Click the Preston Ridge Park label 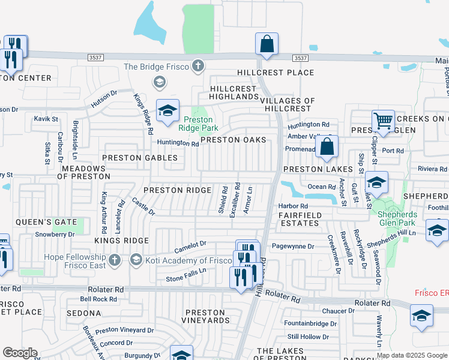pos(198,123)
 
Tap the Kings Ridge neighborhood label pos(121,240)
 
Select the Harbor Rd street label pos(292,206)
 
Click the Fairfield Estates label pos(300,219)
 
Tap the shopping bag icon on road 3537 pos(267,44)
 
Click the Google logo pos(20,353)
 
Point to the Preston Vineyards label pos(205,316)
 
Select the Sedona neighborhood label pos(84,313)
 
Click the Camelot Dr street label pos(190,244)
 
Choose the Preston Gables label pos(140,158)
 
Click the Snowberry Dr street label pos(55,234)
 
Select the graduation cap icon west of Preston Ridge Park pos(168,110)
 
